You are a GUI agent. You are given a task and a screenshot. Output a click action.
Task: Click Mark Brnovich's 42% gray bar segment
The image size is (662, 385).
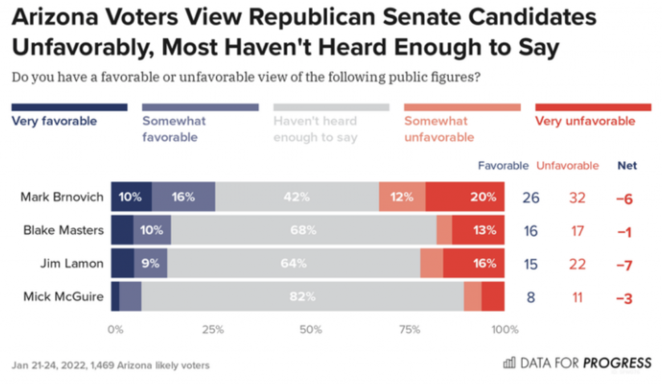(297, 197)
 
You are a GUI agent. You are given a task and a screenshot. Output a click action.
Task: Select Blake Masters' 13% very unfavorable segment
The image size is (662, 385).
(479, 230)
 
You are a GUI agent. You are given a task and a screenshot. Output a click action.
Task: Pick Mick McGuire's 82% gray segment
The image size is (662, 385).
(303, 297)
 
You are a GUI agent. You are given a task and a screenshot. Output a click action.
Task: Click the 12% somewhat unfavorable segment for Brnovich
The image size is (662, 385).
(402, 197)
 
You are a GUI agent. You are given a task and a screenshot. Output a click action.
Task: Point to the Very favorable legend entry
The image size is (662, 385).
(54, 121)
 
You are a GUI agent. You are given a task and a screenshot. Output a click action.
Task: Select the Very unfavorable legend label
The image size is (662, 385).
(585, 121)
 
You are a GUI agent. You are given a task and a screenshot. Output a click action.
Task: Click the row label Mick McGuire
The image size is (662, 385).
(63, 297)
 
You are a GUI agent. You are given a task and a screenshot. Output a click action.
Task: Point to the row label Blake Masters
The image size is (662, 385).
(65, 230)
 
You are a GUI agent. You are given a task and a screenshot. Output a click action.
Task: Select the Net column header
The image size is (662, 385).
(627, 166)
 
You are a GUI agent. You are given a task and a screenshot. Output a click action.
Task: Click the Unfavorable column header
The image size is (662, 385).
(568, 166)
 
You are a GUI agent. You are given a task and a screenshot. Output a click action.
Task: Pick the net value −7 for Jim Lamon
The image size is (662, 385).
(625, 264)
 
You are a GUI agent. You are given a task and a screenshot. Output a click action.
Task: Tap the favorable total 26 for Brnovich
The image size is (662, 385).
(531, 197)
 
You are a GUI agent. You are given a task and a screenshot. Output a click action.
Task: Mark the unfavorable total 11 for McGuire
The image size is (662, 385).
(576, 298)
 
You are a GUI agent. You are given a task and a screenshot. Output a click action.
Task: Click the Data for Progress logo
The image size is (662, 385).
(577, 363)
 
